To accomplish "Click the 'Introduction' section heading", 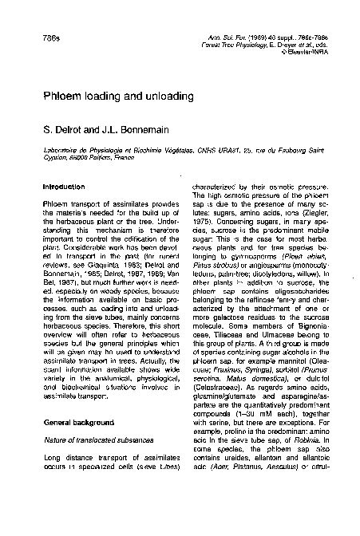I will tap(63, 187).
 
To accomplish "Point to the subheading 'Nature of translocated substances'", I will tap(88, 462).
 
